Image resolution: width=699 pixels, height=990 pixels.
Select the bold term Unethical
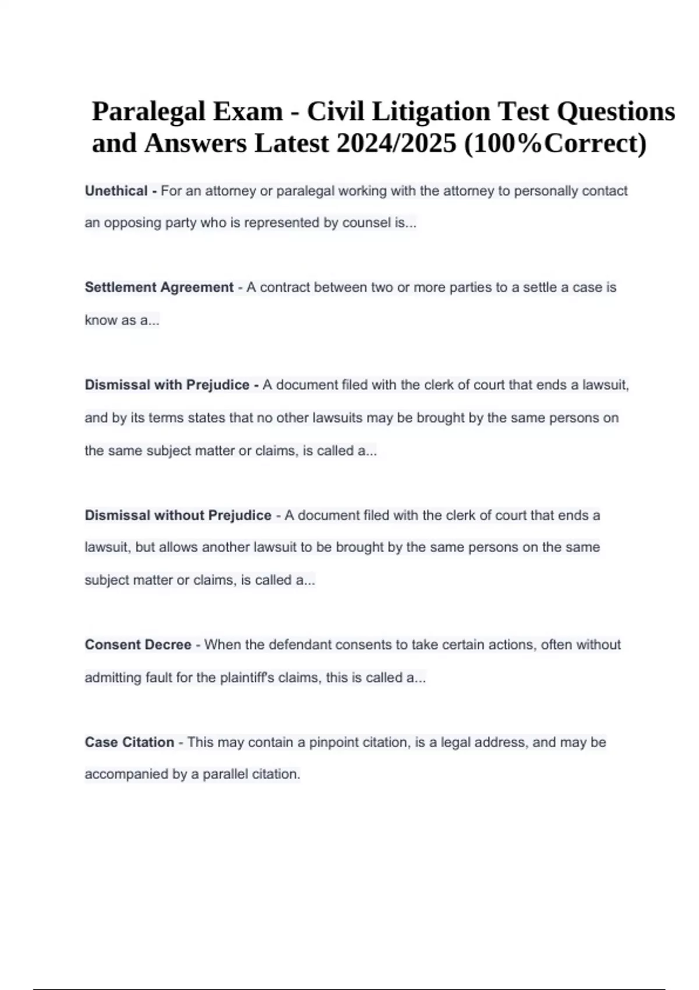pos(116,191)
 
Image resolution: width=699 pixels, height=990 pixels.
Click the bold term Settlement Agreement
pos(159,287)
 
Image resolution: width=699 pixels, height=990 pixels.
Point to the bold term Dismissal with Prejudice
pos(167,385)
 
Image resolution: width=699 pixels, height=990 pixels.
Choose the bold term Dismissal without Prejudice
pos(178,515)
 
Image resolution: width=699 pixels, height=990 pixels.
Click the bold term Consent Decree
pos(138,645)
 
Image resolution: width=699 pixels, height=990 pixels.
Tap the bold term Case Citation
pos(129,742)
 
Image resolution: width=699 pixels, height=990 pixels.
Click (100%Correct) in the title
pos(555,143)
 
